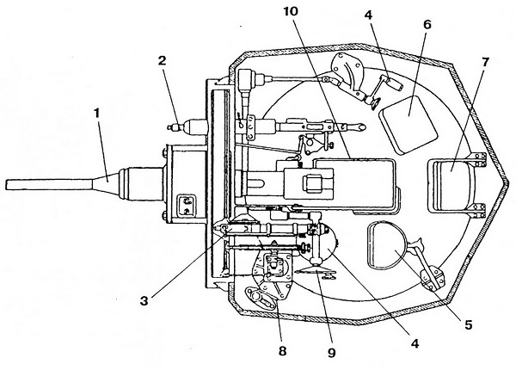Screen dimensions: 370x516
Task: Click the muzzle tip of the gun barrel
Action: point(7,184)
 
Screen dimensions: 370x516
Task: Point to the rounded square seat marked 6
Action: point(407,115)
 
